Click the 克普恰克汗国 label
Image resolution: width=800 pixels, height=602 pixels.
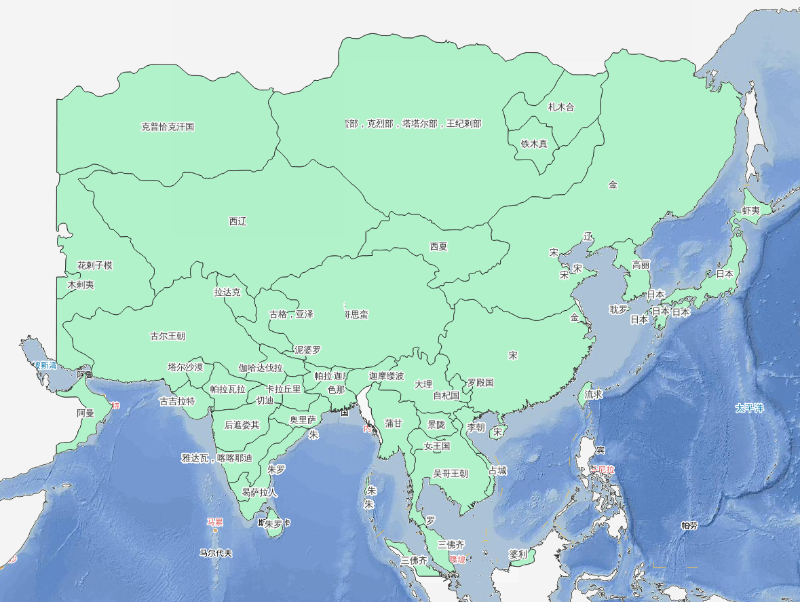[168, 127]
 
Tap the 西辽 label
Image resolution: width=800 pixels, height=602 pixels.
[237, 221]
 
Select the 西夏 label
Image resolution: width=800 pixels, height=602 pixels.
[438, 246]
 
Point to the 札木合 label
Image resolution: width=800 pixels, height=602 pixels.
[561, 107]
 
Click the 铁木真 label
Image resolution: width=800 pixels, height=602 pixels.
[534, 144]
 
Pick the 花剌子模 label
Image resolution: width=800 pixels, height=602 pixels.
[95, 265]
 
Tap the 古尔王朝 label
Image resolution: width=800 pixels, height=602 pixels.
[168, 336]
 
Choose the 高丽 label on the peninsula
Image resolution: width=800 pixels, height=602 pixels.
[641, 265]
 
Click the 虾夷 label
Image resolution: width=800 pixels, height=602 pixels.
[750, 211]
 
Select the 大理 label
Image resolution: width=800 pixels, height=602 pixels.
[423, 384]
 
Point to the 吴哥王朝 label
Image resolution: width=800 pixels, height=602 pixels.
[451, 474]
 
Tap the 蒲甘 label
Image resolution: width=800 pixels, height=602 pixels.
[394, 424]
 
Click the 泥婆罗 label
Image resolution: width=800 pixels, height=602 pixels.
[307, 350]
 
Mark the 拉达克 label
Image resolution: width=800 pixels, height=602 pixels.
[227, 293]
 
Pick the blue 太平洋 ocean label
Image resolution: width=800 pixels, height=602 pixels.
[749, 409]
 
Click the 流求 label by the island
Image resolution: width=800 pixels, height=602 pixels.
[594, 394]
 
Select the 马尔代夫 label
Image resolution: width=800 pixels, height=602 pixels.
[216, 553]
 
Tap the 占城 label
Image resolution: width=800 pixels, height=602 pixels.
[497, 470]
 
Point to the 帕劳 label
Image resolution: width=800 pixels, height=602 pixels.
[689, 525]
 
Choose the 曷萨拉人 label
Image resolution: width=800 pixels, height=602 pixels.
[259, 493]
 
